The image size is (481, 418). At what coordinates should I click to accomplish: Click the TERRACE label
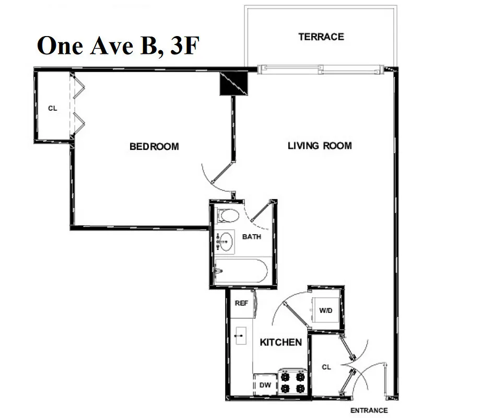(x=321, y=37)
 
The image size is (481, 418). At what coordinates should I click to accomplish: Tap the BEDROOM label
(x=154, y=147)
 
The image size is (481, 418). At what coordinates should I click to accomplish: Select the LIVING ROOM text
(x=320, y=145)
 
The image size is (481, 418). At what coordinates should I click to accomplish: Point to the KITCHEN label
(x=280, y=342)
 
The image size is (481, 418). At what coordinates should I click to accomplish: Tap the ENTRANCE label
(x=369, y=410)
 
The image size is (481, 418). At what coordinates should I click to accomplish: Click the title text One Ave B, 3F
(x=118, y=46)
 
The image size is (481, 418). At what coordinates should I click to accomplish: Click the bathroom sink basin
(x=226, y=241)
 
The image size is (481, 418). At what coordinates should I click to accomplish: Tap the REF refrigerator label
(x=241, y=303)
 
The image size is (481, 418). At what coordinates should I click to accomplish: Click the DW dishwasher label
(x=265, y=385)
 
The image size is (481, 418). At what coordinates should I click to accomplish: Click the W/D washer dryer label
(x=325, y=310)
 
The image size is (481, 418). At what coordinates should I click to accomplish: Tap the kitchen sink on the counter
(x=241, y=335)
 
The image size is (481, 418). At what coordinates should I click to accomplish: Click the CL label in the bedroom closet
(x=52, y=108)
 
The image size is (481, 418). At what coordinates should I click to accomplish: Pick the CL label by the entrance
(x=326, y=367)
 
